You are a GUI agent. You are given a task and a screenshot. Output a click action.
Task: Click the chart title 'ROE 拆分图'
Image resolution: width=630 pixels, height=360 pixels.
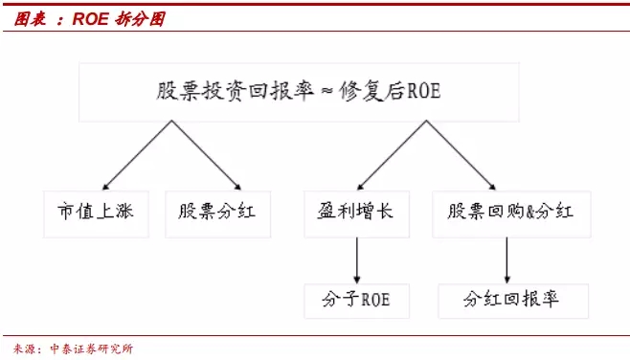point(119,19)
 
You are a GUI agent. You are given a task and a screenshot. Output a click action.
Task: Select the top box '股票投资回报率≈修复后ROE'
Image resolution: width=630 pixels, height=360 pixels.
point(300,92)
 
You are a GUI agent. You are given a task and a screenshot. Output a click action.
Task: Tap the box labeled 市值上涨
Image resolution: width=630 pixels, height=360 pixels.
point(96,214)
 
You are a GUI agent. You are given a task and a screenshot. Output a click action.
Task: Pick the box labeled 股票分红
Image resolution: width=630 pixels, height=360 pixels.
point(217,214)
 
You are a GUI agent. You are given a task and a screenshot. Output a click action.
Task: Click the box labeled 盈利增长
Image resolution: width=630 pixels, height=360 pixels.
point(357,214)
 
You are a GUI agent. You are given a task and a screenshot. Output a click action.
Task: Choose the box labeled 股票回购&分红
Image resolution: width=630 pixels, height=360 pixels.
point(511,214)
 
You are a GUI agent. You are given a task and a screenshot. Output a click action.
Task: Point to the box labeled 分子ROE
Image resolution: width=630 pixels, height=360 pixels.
point(357,301)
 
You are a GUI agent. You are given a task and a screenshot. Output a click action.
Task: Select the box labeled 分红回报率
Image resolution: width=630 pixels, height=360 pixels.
point(513,301)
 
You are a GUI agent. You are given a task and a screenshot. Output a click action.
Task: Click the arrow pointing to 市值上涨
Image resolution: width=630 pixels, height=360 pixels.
point(138,155)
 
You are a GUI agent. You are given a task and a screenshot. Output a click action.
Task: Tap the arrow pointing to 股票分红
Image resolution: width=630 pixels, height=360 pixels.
point(207,155)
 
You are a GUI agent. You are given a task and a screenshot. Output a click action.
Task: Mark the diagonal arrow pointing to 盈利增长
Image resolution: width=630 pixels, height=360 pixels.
point(392,155)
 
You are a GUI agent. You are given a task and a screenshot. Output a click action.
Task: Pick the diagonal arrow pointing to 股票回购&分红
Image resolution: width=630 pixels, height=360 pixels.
point(461,155)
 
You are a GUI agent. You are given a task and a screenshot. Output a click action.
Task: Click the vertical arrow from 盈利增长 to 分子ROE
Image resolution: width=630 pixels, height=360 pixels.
point(357,260)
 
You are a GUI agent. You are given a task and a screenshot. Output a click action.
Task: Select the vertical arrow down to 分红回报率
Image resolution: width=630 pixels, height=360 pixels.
point(507,260)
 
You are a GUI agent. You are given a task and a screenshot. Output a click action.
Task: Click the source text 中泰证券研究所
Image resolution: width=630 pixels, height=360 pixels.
point(92,349)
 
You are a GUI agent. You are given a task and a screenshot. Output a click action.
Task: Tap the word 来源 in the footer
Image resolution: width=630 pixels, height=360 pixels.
point(24,349)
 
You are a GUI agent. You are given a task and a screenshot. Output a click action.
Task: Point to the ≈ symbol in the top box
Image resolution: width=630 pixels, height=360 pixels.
point(327,91)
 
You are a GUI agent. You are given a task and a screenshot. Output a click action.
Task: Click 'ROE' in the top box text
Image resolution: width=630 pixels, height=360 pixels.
point(424,91)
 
